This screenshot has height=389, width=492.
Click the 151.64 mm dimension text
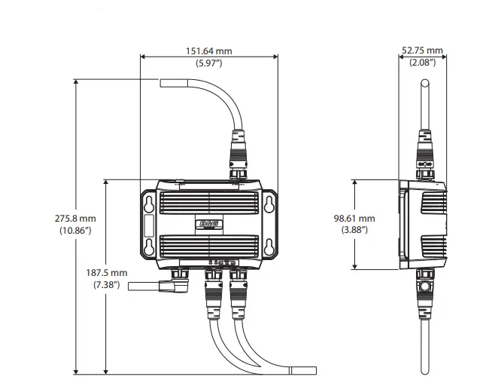coord(209,51)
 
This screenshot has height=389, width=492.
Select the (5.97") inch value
coord(209,63)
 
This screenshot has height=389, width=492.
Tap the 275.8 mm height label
coord(75,219)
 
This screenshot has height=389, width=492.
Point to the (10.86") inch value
coord(75,230)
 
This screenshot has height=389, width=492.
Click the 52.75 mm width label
coord(422,51)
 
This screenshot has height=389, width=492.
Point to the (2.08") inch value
coord(422,63)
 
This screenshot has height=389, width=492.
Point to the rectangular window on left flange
coord(149,225)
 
